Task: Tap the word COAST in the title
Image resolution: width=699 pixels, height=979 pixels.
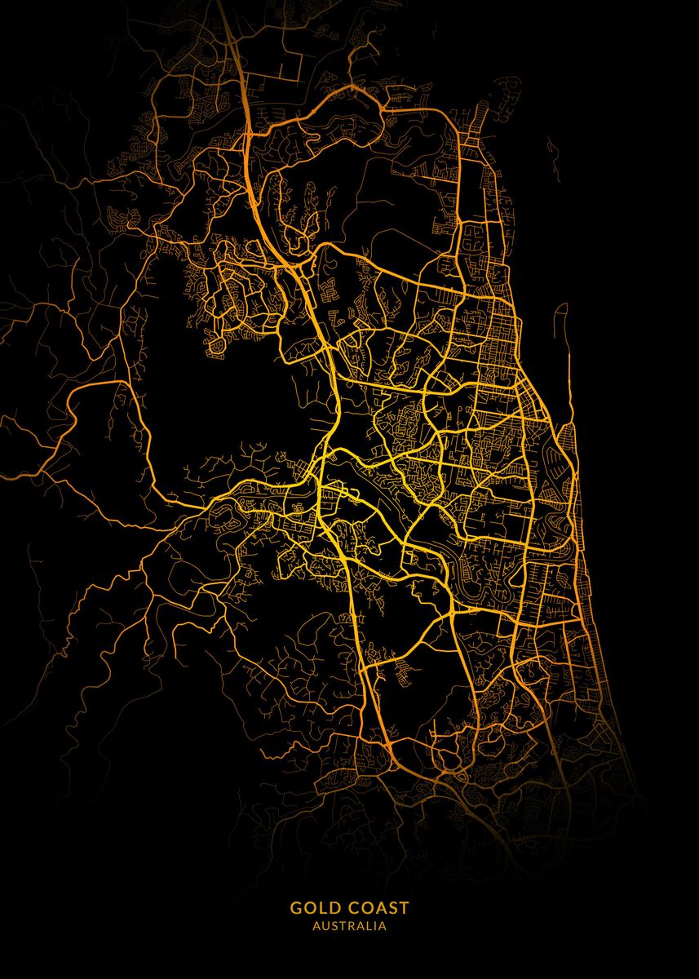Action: pos(376,907)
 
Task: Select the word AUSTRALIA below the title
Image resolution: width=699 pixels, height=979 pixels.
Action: pos(350,927)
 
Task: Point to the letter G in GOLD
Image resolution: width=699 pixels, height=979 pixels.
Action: pos(296,907)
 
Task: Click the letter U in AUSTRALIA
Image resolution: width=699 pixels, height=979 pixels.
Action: pos(324,927)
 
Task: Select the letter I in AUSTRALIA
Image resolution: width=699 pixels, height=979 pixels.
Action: pos(374,927)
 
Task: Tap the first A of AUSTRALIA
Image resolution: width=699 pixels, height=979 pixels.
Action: pos(316,927)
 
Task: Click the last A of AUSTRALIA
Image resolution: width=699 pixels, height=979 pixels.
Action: pos(383,927)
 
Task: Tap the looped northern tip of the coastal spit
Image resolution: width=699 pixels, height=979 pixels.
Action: pos(560,310)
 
